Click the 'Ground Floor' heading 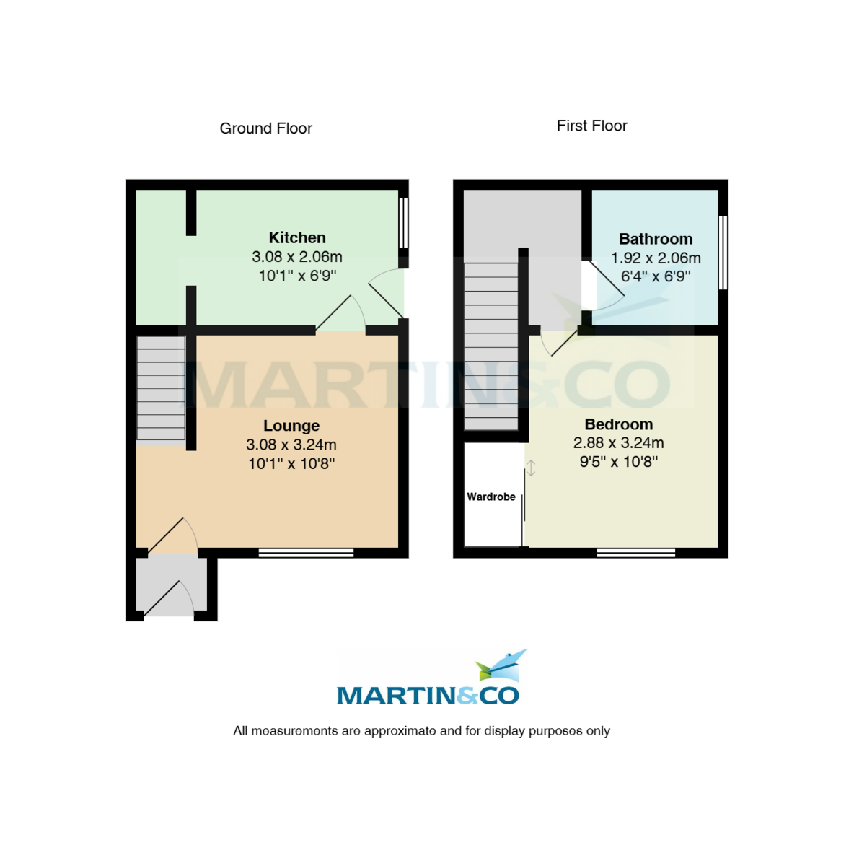pos(265,128)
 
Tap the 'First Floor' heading pos(591,126)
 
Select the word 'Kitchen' pos(297,237)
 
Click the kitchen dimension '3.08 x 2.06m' pos(297,257)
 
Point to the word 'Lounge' pos(291,426)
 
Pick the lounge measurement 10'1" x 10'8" pos(291,464)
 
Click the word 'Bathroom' pos(656,239)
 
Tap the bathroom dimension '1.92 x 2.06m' pos(656,258)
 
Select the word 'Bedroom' pos(619,424)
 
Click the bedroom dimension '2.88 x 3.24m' pos(619,443)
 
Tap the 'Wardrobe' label pos(491,497)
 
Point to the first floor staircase pos(491,346)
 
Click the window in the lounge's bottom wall pos(306,554)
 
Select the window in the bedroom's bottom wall pos(635,554)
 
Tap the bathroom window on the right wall pos(723,253)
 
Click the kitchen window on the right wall pos(404,223)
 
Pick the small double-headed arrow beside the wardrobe pos(532,468)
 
